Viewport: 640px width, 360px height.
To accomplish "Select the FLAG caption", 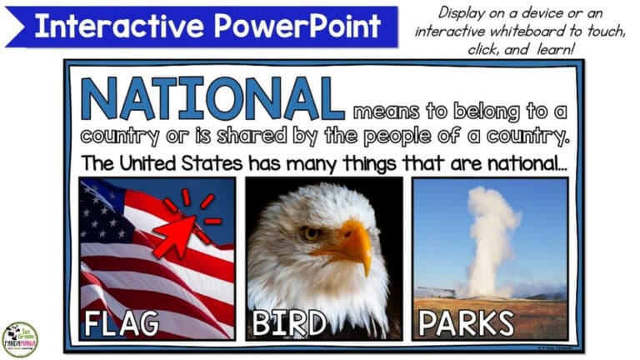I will (122, 323).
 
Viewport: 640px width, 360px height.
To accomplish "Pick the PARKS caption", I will (466, 323).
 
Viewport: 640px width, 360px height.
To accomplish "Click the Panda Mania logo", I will (19, 340).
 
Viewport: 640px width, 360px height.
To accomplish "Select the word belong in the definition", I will (476, 112).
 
